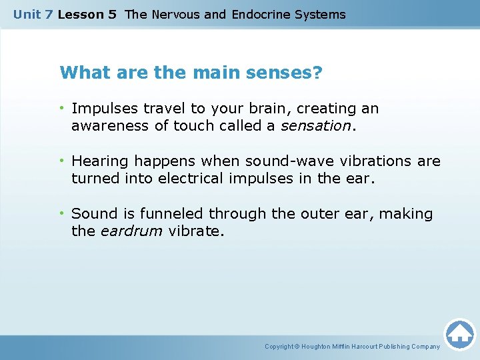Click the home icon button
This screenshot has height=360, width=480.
coord(459,333)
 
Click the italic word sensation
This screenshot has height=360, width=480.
coord(315,126)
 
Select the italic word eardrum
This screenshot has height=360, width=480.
coord(131,231)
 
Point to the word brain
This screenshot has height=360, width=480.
coord(272,109)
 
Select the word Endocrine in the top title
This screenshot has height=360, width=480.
coord(261,14)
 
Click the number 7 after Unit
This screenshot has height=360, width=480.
coord(49,14)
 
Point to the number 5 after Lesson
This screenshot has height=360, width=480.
coord(112,14)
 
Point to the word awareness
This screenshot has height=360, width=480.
coord(105,126)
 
